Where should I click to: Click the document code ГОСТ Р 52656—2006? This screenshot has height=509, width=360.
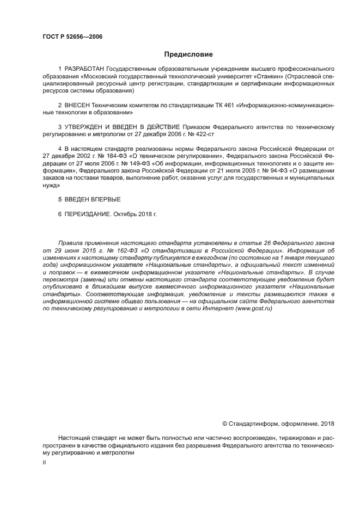tap(72, 37)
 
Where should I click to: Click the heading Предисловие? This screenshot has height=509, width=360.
tap(188, 54)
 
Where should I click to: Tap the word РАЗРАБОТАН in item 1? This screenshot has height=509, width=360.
tap(84, 69)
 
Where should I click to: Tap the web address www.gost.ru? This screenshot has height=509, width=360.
tap(253, 308)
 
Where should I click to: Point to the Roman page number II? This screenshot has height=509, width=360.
tap(44, 462)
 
